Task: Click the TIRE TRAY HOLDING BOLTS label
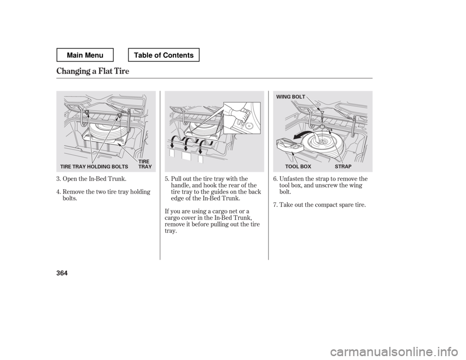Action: (x=94, y=166)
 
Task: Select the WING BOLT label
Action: (x=291, y=97)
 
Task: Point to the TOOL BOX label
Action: (x=295, y=166)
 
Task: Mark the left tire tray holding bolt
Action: (x=86, y=113)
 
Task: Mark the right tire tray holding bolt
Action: (x=119, y=115)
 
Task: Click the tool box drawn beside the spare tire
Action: (x=286, y=145)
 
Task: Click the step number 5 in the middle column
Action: (x=166, y=180)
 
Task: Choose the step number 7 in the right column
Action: (x=274, y=205)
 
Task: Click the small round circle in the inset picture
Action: (x=249, y=125)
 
